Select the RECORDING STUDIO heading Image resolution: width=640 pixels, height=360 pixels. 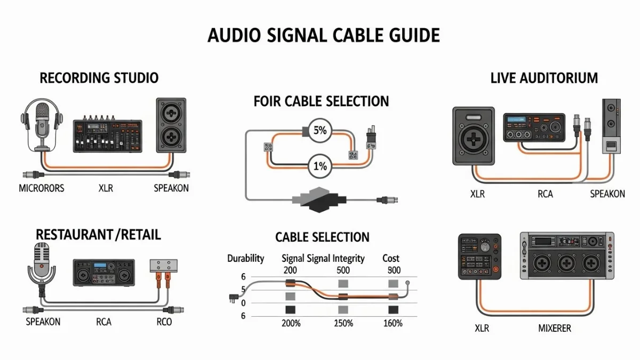tap(99, 78)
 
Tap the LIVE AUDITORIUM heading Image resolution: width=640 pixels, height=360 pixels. tap(544, 78)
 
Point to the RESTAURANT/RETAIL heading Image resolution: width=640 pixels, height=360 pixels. tap(98, 234)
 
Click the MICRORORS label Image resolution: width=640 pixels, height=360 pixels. tap(42, 188)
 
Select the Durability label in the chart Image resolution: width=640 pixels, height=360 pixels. tap(245, 258)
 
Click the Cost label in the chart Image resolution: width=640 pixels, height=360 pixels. tap(391, 258)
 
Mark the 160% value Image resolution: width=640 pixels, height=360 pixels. tap(393, 323)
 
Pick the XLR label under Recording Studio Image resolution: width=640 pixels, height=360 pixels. tap(106, 188)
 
